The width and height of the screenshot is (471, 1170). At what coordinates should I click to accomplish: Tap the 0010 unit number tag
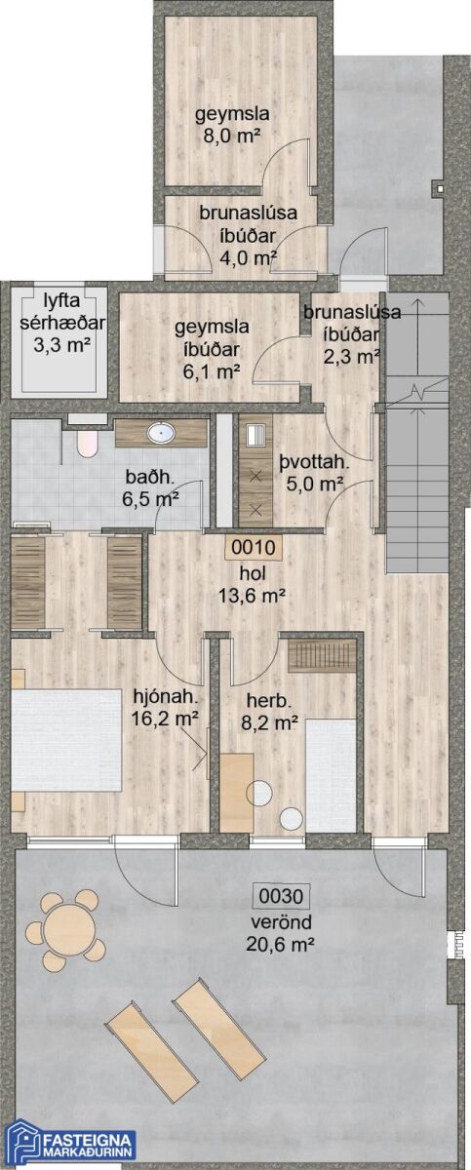pos(254,548)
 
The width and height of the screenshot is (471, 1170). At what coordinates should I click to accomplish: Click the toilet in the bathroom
pos(87,443)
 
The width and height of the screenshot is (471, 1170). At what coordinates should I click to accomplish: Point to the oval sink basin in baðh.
pos(161,433)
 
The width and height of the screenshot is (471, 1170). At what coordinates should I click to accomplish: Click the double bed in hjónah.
pos(66,740)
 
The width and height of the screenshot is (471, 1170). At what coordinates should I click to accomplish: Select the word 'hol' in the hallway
pos(253,573)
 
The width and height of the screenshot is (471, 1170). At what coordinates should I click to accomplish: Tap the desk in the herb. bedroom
pos(237,792)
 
